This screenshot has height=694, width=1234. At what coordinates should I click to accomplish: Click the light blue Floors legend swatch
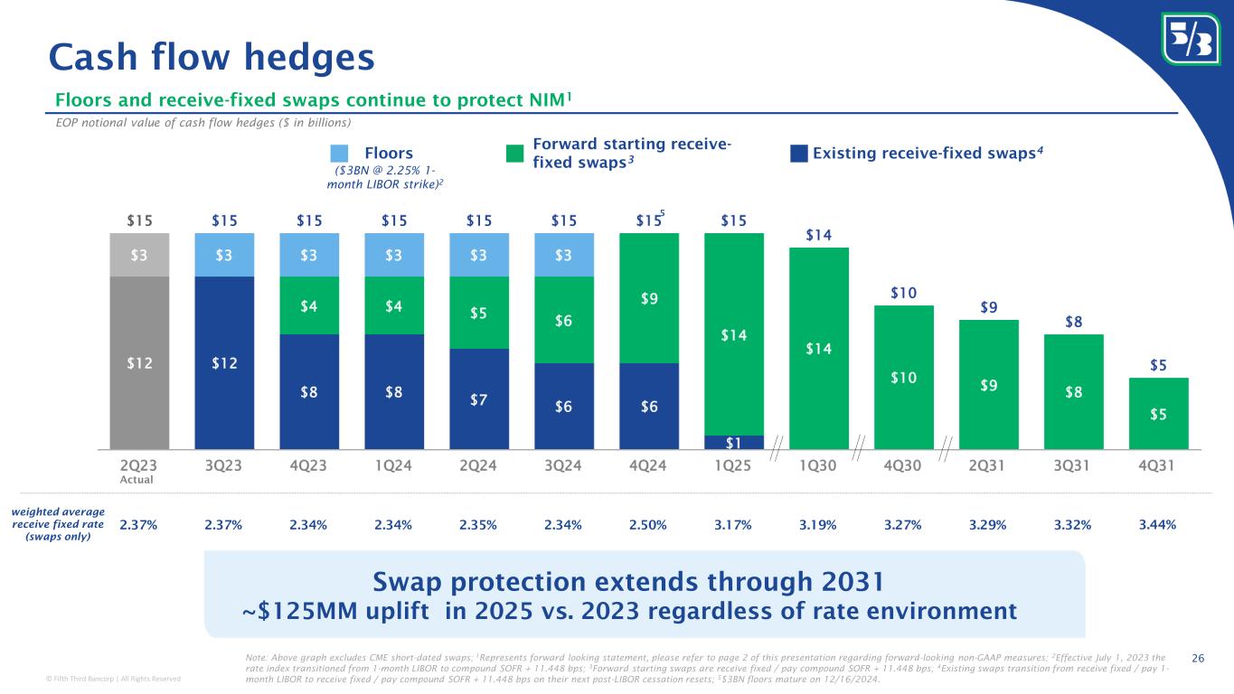[339, 153]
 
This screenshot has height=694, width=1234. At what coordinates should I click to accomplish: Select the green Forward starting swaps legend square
[514, 153]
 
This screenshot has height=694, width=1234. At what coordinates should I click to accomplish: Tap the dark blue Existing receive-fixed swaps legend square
[799, 153]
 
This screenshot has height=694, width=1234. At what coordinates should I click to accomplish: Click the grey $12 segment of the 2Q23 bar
[138, 361]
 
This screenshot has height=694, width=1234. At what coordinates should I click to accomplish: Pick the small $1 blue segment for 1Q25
[733, 442]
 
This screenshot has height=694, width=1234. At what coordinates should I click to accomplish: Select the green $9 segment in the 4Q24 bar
[648, 298]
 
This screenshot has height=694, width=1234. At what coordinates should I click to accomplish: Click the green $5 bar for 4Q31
[1158, 413]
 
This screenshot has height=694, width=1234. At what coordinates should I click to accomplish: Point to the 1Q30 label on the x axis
[819, 465]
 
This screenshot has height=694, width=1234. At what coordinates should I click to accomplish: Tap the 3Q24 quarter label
[564, 465]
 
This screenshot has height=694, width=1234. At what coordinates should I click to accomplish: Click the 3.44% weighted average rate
[1157, 524]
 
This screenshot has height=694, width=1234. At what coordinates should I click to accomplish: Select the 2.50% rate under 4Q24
[648, 524]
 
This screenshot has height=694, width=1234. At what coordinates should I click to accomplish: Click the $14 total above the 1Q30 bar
[819, 236]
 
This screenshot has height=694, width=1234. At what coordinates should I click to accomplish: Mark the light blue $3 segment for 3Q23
[224, 254]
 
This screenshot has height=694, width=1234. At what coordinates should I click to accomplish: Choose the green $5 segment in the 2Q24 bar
[479, 313]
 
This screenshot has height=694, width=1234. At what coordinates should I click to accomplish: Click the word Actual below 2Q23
[138, 480]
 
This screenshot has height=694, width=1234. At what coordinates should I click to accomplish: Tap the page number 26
[1200, 657]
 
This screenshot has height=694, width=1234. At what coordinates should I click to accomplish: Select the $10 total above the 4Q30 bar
[904, 294]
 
